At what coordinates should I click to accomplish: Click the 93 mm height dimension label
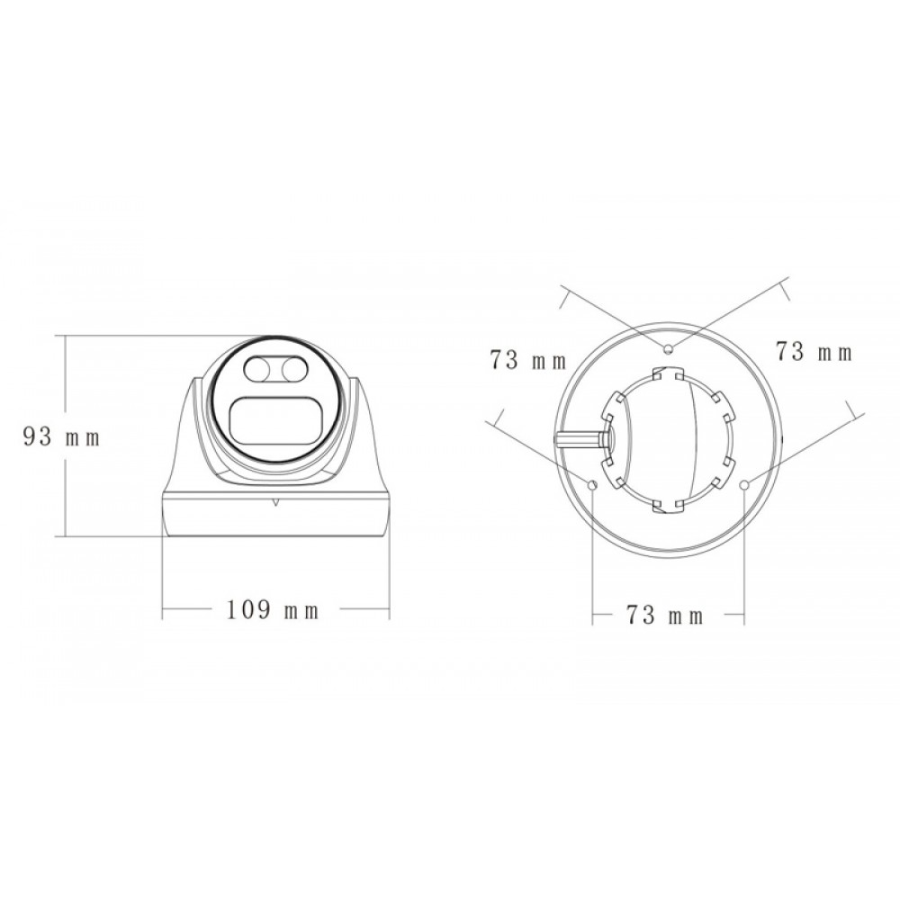coord(61,437)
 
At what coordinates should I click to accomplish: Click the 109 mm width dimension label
coord(273,609)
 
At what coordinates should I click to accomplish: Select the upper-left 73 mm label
coord(528,361)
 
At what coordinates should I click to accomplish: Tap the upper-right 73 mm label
coord(814,352)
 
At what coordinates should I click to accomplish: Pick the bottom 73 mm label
coord(665,616)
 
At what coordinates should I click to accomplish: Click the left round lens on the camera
coord(257,369)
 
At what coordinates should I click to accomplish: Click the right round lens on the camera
coord(294,369)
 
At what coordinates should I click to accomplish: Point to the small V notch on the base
coord(276,502)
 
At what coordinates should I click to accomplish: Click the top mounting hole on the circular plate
coord(668,349)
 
